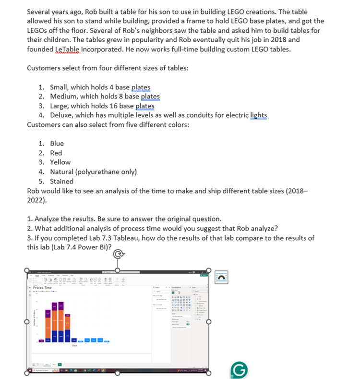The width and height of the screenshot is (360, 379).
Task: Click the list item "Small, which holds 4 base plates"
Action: [x=100, y=87]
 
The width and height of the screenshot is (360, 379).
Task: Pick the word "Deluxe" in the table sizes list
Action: [x=61, y=115]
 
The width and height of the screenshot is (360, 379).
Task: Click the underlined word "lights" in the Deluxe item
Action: [x=259, y=115]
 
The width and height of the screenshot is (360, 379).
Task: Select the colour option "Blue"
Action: [x=57, y=143]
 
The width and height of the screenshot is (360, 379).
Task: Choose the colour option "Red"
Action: [x=56, y=153]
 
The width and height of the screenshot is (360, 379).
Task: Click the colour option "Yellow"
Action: [x=60, y=162]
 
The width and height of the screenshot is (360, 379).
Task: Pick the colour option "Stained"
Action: [x=61, y=181]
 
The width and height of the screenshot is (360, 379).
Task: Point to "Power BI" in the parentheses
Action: [x=92, y=247]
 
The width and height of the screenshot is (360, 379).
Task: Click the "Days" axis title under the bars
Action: [x=74, y=344]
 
